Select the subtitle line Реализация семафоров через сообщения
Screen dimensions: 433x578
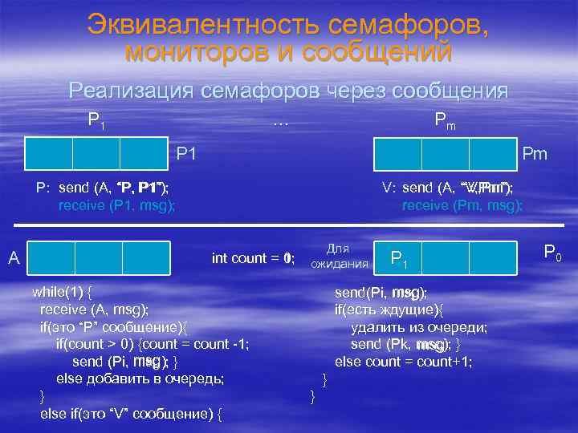coord(288,91)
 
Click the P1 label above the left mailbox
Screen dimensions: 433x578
coord(96,121)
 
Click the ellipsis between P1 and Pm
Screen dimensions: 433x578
coord(280,123)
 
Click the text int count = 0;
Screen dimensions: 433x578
coord(253,258)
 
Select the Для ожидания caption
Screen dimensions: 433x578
coord(339,256)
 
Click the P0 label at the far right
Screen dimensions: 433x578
coord(552,253)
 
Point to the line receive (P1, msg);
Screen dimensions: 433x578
coord(117,205)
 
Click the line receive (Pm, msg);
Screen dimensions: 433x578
coord(462,205)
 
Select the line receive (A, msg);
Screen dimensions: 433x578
coord(94,310)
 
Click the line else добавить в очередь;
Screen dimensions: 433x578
coord(140,378)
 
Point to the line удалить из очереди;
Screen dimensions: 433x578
coord(419,327)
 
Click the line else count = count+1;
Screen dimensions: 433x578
coord(403,362)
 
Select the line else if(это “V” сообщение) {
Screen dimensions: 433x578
coord(131,414)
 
